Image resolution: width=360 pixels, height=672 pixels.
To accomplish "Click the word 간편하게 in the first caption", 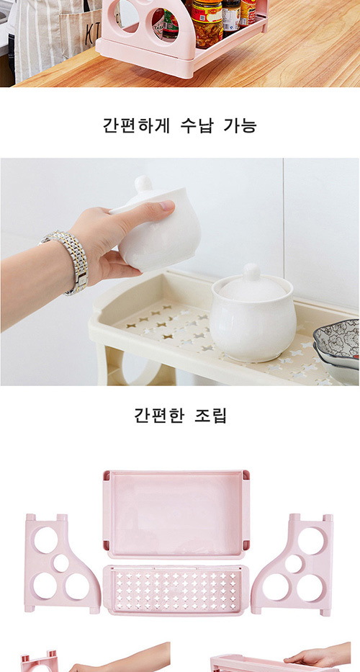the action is click(x=136, y=125).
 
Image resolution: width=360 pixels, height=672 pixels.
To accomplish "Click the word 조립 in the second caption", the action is click(x=210, y=415).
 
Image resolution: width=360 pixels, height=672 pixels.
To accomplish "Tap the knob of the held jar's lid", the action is click(x=144, y=184).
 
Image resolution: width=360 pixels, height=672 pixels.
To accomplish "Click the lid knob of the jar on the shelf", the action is click(x=251, y=272).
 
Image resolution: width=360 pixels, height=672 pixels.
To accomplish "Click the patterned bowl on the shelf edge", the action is click(x=338, y=343).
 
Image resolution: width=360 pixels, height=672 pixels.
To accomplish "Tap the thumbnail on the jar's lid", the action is click(x=166, y=206).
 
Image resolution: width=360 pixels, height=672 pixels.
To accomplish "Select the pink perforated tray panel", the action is click(x=176, y=590).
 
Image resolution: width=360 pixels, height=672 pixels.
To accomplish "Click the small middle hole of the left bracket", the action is click(x=61, y=563).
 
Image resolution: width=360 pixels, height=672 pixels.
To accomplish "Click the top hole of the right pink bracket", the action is click(x=311, y=540).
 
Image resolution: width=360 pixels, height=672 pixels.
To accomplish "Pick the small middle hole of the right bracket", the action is click(x=294, y=563).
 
